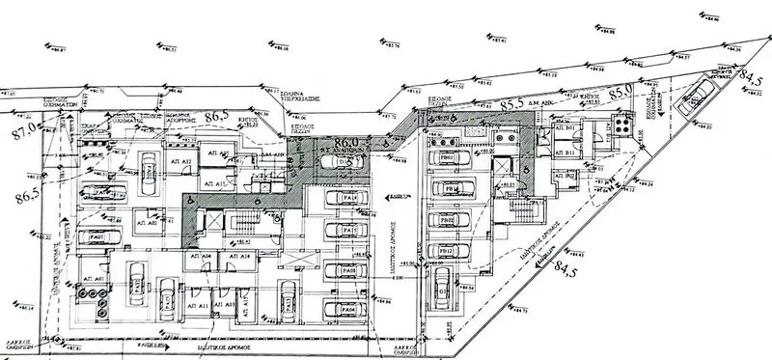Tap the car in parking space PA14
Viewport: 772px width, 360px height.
point(344,199)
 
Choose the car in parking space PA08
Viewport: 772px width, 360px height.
point(344,273)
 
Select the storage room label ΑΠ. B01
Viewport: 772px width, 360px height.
point(570,128)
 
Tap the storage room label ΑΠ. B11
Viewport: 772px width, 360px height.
point(570,152)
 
